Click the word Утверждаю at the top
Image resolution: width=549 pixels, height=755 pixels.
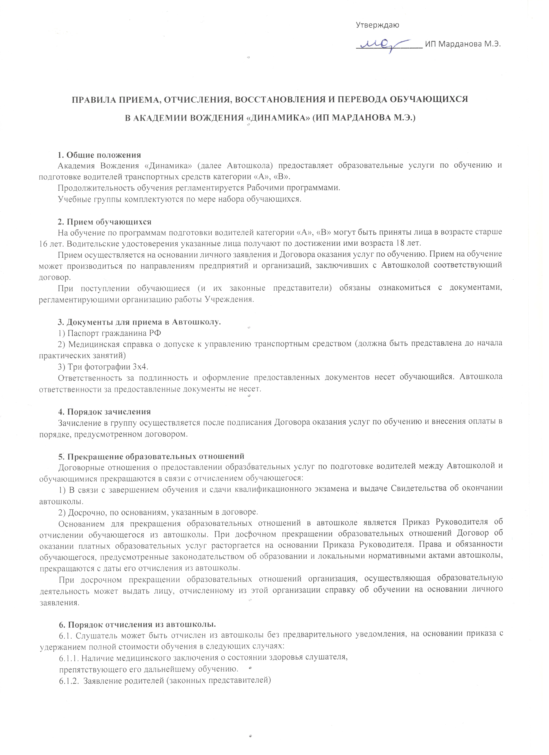[378, 25]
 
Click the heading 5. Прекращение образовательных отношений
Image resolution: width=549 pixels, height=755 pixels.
[151, 456]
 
